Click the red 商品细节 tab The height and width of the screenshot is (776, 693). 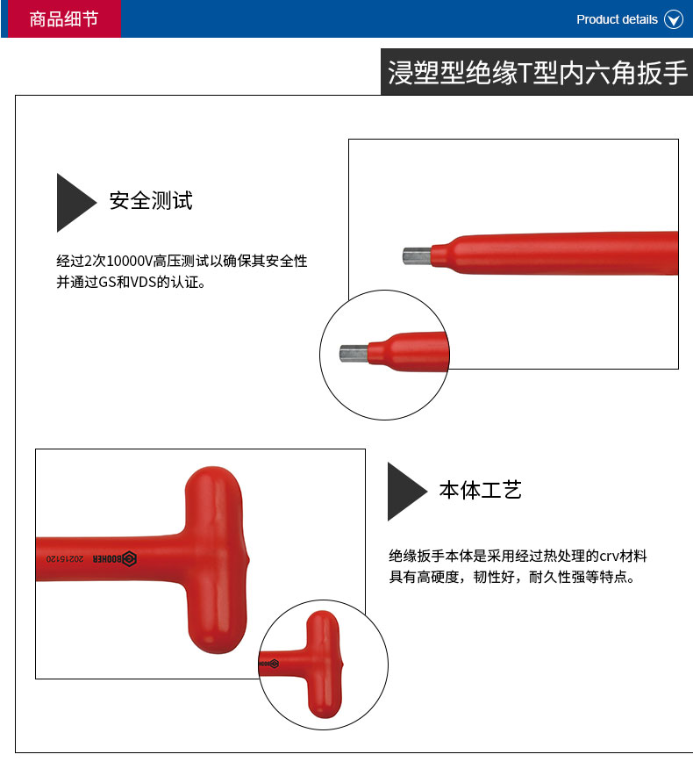(x=64, y=18)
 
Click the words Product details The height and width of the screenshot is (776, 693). (x=617, y=20)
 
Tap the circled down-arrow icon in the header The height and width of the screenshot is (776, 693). (x=673, y=20)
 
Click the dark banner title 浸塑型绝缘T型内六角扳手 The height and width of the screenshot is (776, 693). (x=537, y=72)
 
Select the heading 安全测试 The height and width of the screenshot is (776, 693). (x=151, y=200)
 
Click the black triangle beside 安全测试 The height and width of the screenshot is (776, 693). (x=75, y=203)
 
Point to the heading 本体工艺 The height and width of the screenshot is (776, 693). (x=481, y=490)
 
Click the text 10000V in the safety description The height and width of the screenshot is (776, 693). (x=130, y=261)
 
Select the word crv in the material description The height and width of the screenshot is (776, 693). (x=609, y=557)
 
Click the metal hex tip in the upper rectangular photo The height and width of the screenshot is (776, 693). (x=417, y=256)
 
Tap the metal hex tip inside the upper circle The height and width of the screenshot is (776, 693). (x=354, y=354)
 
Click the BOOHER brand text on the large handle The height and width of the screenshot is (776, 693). (x=107, y=559)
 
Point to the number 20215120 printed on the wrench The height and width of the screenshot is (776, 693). (x=65, y=559)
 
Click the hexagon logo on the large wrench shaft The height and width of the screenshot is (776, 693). (x=129, y=559)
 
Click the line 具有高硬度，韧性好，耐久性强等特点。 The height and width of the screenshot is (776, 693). (x=511, y=577)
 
